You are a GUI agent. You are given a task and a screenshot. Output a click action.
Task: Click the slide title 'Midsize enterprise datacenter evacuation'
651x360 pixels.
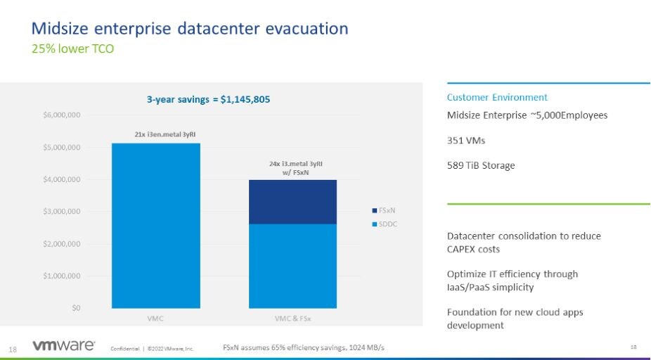[x=190, y=29]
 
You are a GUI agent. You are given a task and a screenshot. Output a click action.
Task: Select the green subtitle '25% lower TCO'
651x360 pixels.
[x=73, y=49]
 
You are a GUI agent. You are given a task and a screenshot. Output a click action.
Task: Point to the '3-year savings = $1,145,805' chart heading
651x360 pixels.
[x=208, y=100]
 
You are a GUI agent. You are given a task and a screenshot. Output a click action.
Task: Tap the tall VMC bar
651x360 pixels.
[x=156, y=225]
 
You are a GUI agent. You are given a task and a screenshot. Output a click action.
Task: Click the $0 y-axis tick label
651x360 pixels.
[x=73, y=308]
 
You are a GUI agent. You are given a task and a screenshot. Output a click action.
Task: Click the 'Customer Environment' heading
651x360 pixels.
[x=497, y=98]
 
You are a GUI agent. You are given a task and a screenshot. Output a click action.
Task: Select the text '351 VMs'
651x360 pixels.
[x=466, y=141]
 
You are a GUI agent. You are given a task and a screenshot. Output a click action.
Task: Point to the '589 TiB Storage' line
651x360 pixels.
[x=481, y=166]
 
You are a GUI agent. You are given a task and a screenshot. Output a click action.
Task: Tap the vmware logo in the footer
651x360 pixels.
[x=64, y=345]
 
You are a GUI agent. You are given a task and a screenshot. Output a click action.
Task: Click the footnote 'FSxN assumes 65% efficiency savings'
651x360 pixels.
[x=304, y=347]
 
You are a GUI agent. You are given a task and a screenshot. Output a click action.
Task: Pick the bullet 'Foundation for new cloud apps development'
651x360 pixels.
[x=515, y=319]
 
